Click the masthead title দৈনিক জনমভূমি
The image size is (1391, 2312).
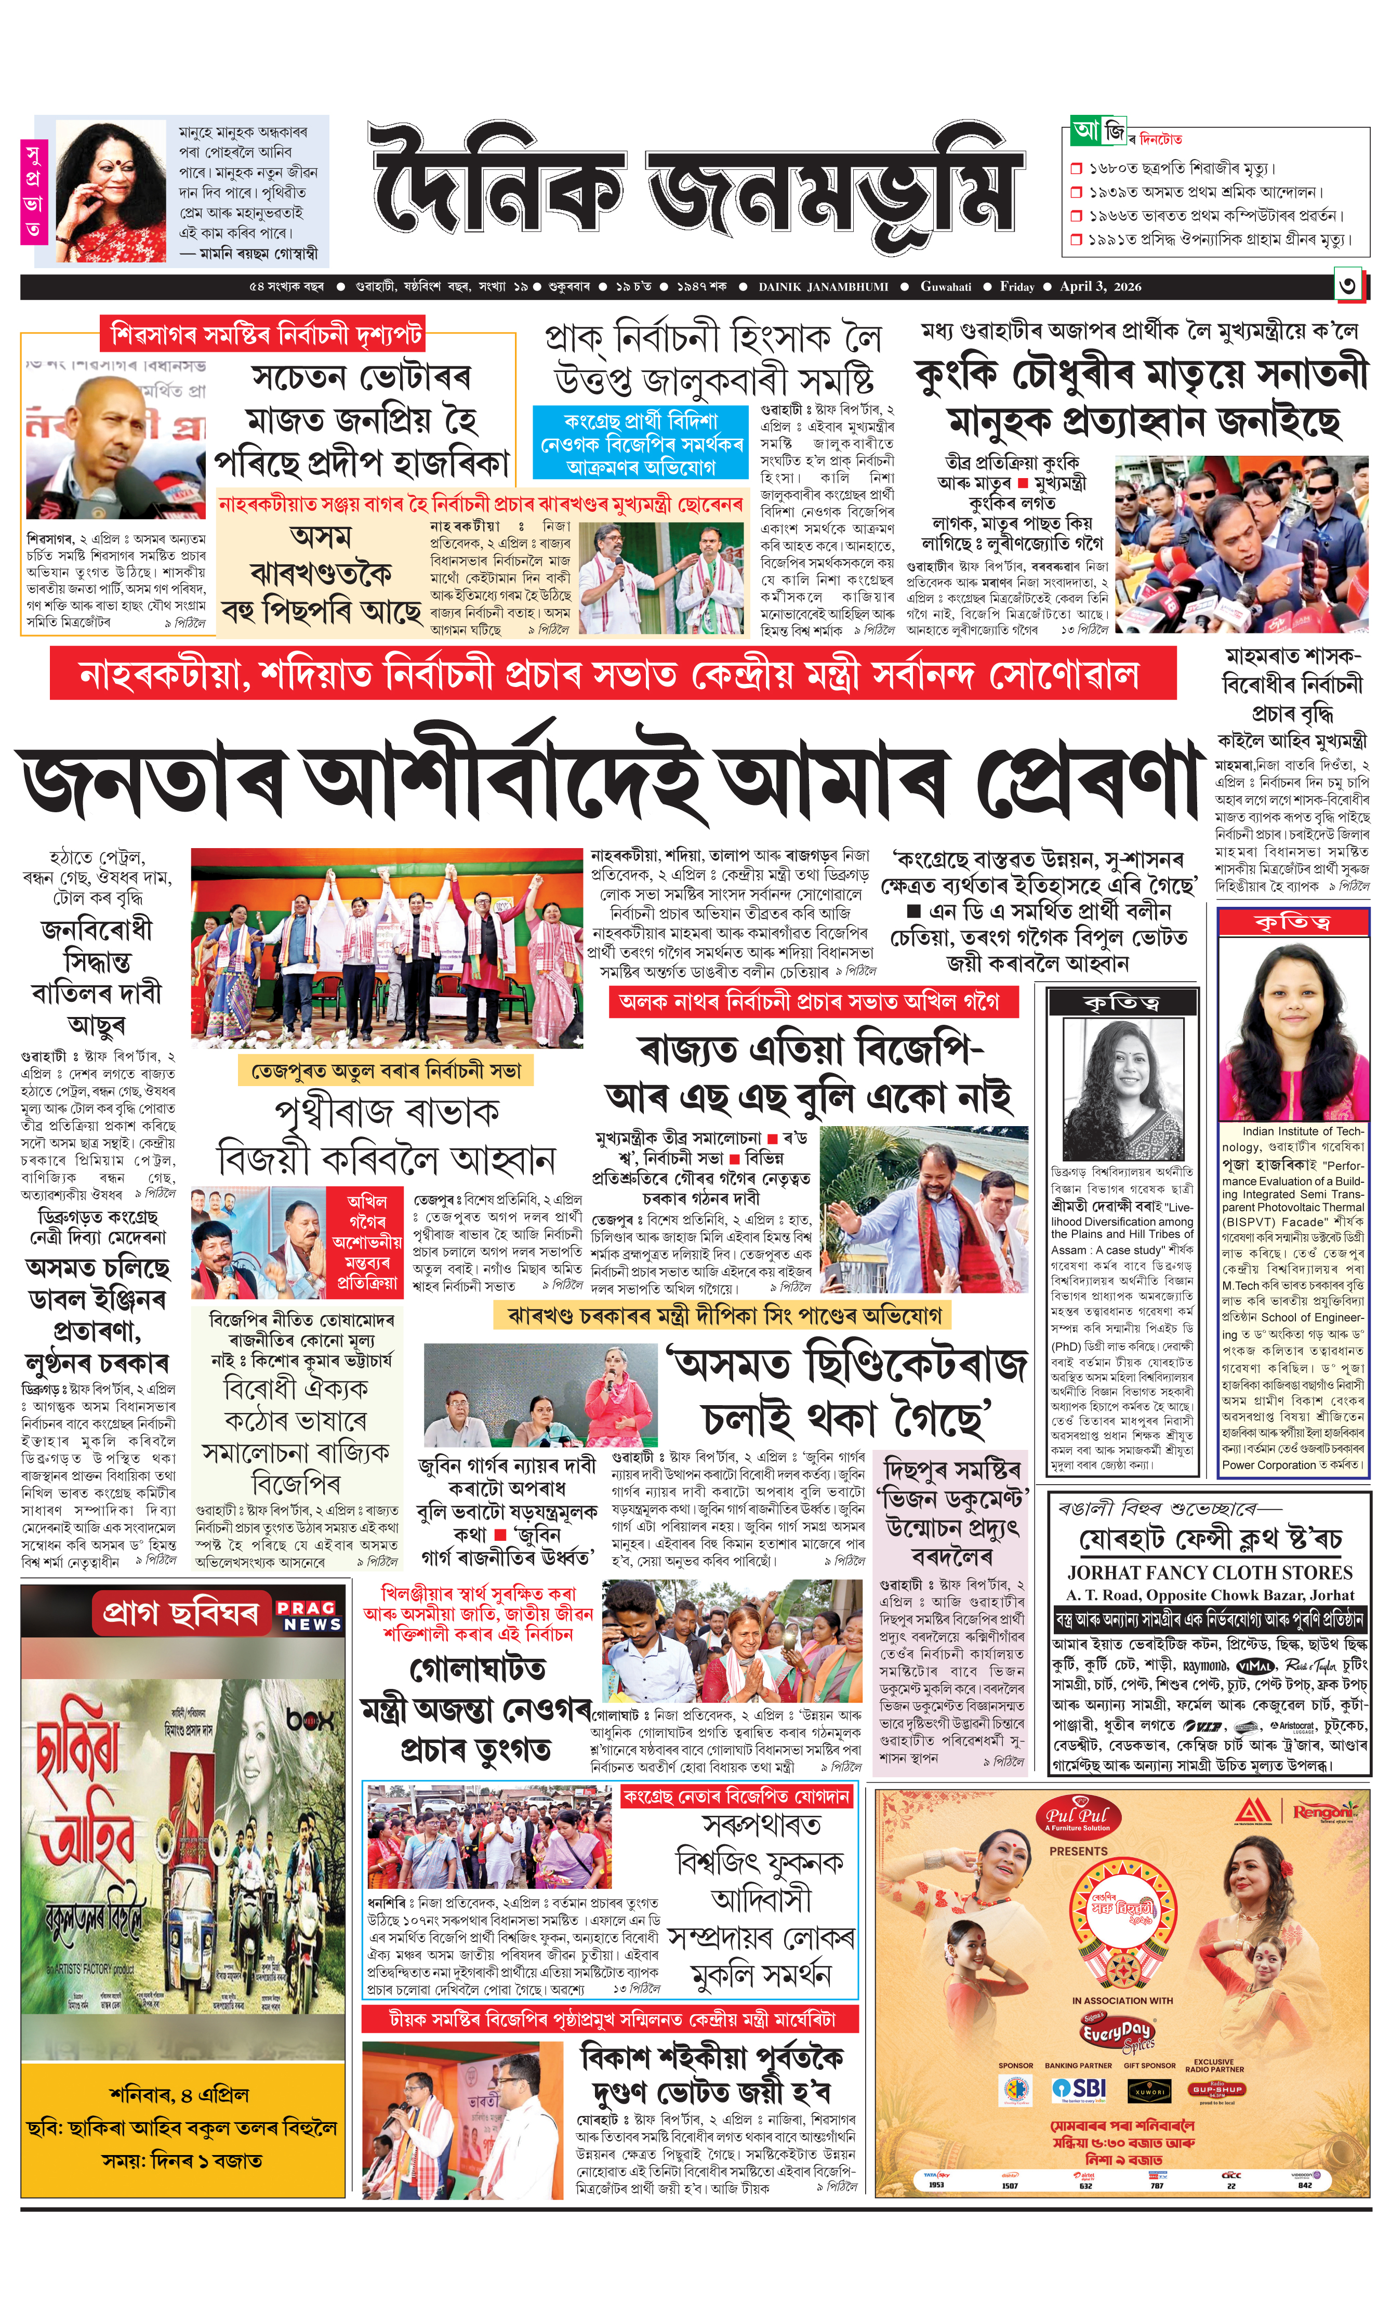pos(694,188)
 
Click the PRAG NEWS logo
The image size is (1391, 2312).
pos(312,1615)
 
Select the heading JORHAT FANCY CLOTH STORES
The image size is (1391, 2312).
pos(1209,1573)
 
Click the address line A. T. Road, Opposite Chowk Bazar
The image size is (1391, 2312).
pos(1209,1595)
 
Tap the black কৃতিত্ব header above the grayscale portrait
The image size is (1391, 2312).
pos(1121,1003)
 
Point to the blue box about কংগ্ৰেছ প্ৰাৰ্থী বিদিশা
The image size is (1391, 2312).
pos(641,443)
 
